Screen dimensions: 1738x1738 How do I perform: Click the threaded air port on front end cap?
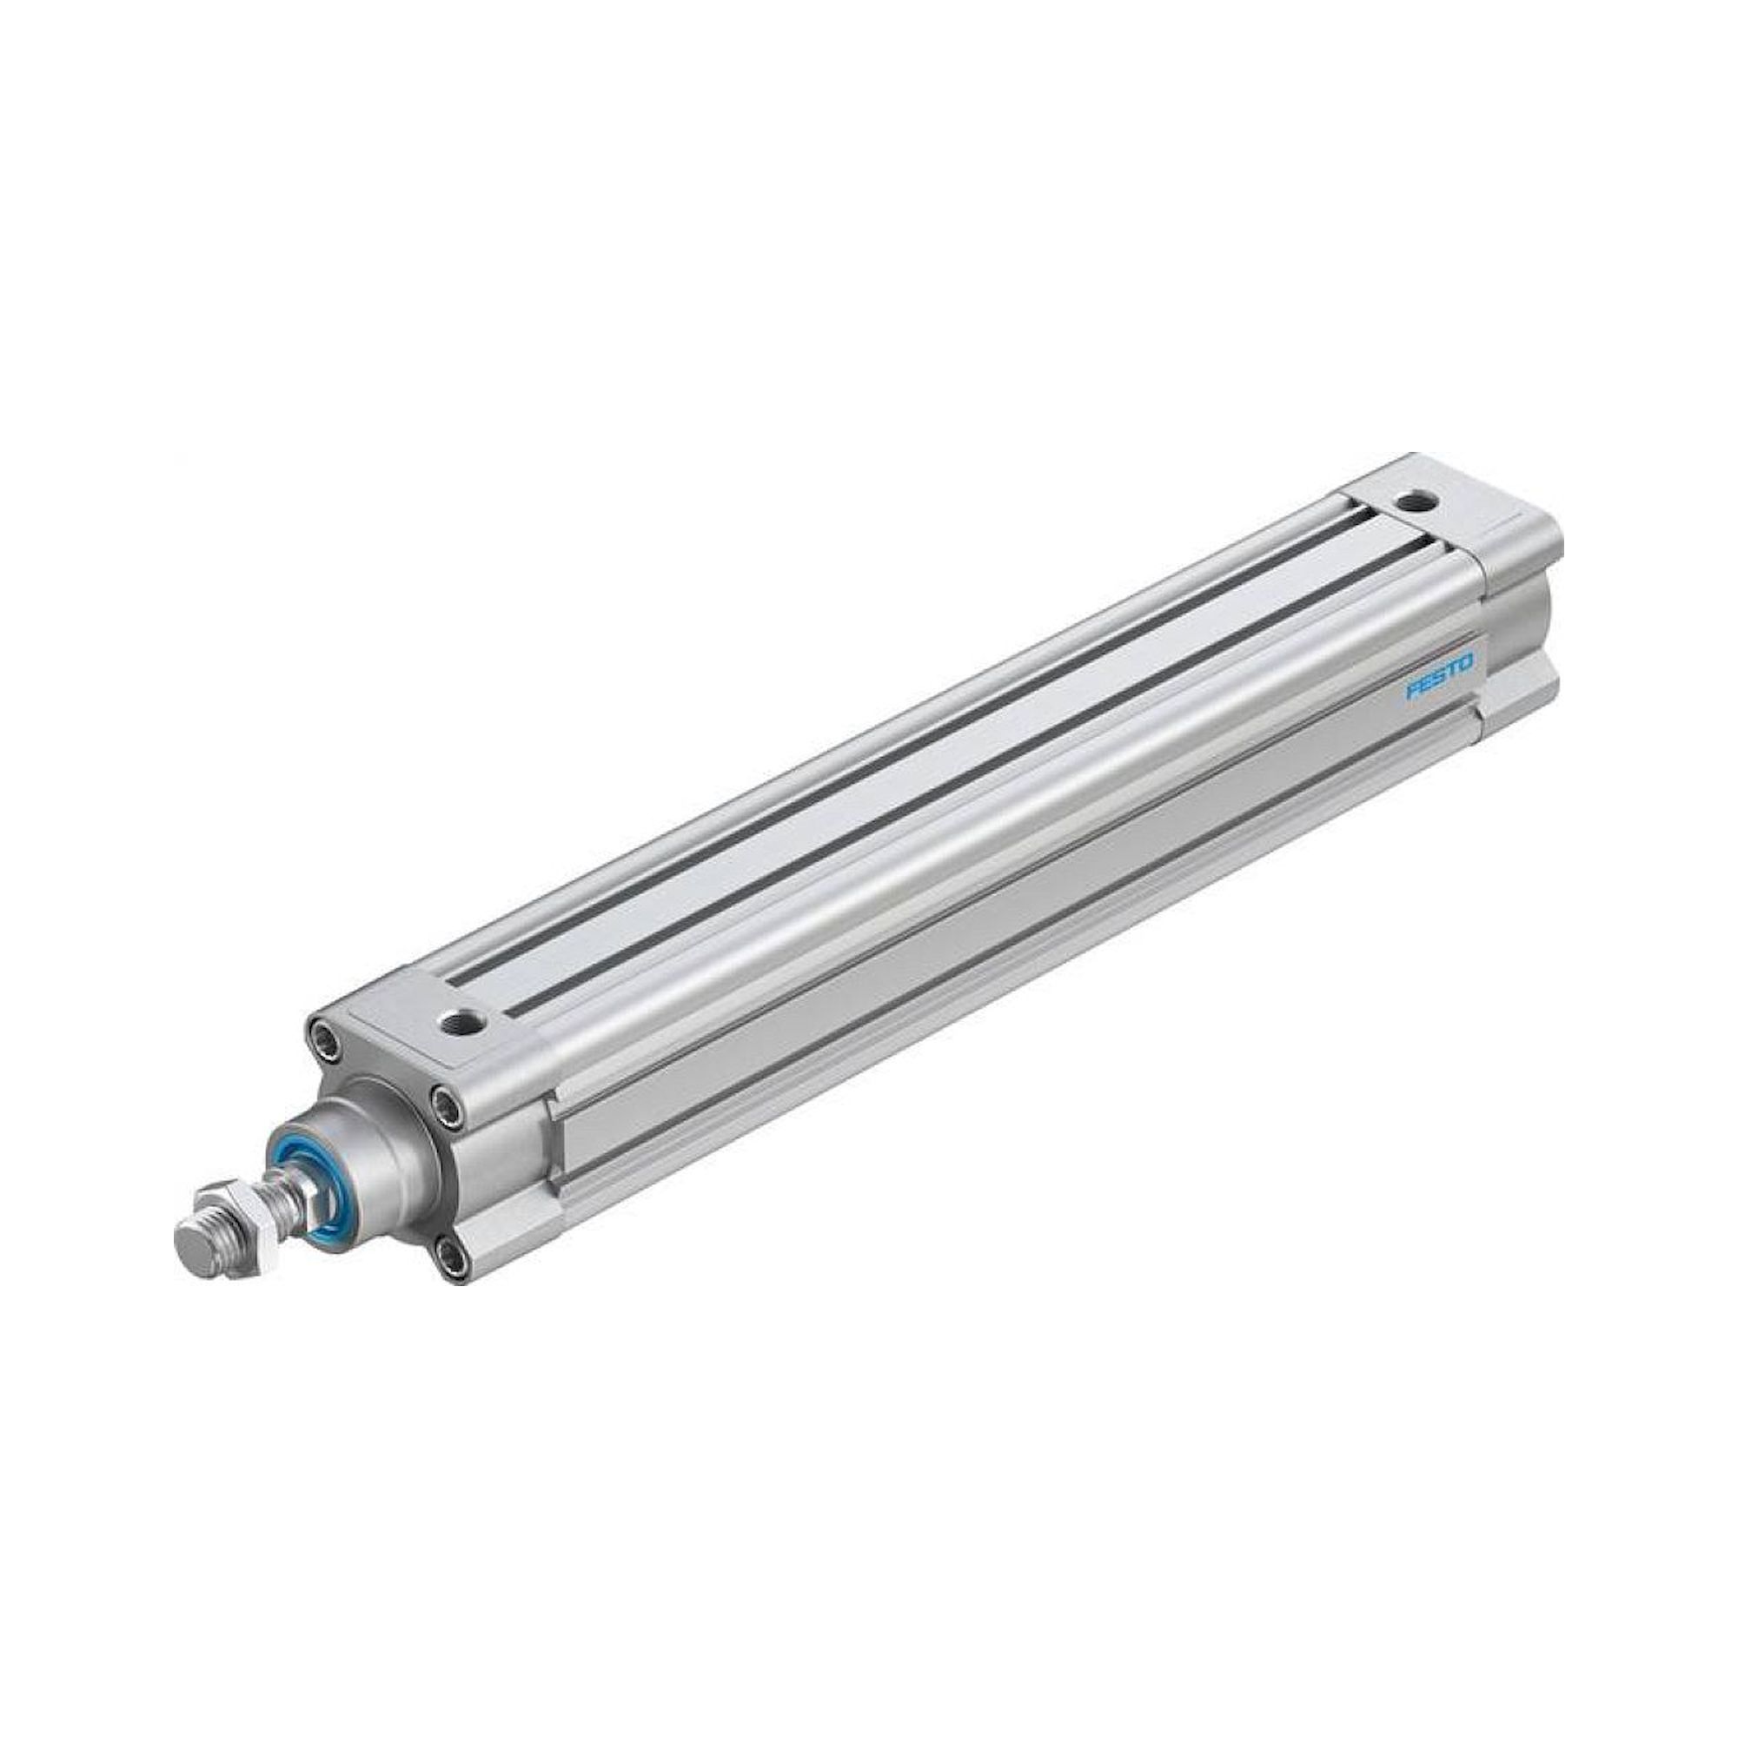[462, 1022]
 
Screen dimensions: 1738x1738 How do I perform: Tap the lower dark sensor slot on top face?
[990, 773]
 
